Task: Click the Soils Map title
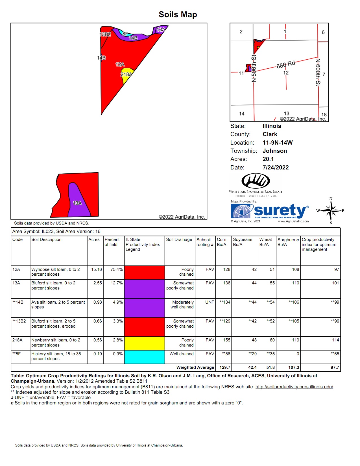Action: click(178, 14)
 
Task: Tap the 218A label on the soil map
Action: click(126, 75)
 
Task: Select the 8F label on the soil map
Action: click(125, 34)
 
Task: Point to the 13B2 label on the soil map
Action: click(105, 34)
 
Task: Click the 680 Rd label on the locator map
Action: click(285, 65)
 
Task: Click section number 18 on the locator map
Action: click(324, 114)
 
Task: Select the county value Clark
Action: click(270, 134)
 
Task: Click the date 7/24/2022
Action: click(276, 167)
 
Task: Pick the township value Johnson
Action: click(275, 151)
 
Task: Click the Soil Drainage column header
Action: click(179, 239)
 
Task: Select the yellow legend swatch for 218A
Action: click(144, 343)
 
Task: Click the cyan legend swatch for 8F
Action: click(144, 357)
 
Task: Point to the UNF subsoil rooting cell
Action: click(210, 302)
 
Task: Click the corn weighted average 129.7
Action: click(225, 367)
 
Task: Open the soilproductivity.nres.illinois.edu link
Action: click(294, 387)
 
